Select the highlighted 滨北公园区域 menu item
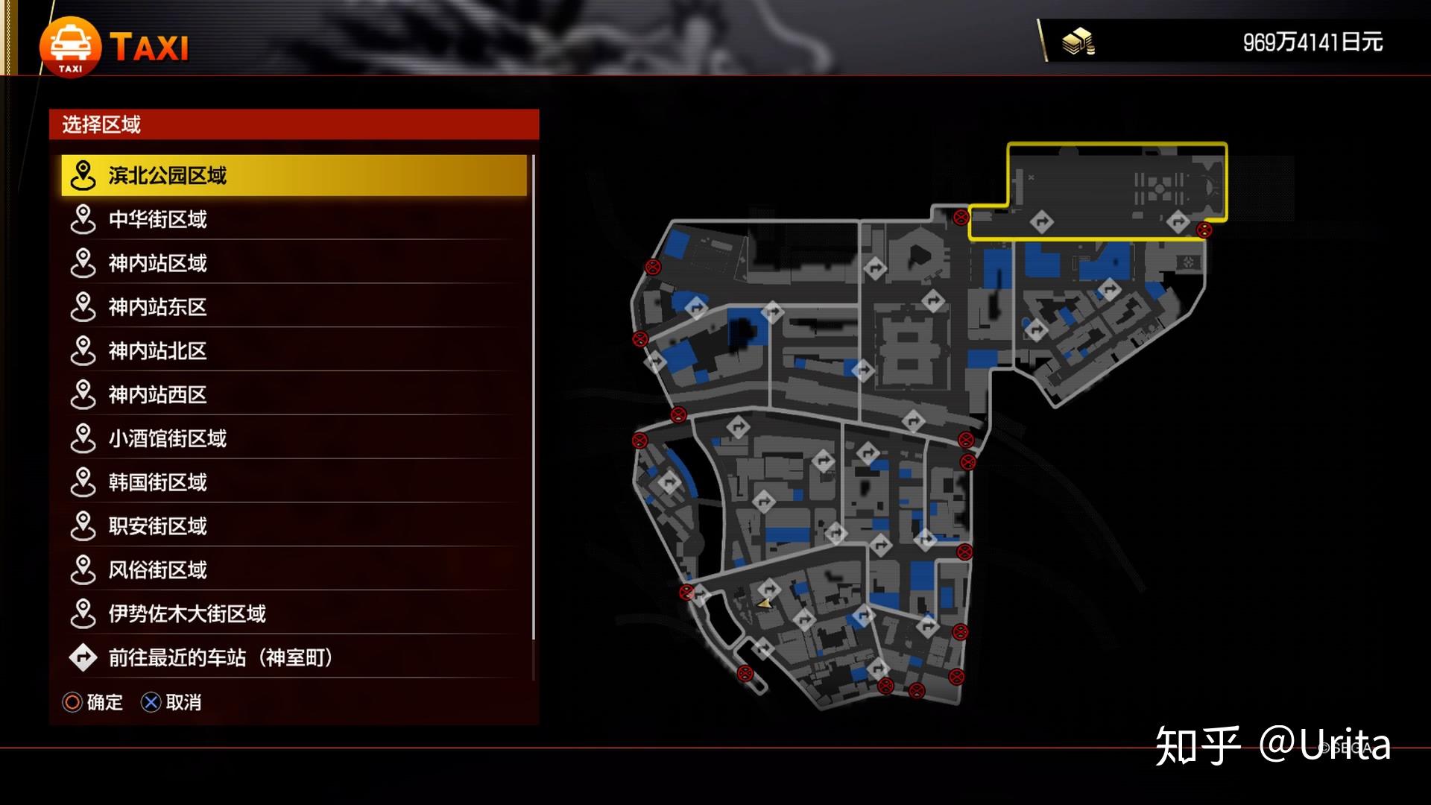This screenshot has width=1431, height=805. [294, 175]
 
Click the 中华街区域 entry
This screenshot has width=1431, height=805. [294, 219]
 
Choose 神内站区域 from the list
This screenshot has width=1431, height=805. [294, 263]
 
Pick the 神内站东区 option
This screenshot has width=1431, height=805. [294, 307]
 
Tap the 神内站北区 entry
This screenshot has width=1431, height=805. [294, 351]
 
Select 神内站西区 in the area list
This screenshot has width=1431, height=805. [294, 394]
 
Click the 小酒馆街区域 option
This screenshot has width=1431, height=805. [294, 438]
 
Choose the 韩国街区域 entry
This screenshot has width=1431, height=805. [294, 482]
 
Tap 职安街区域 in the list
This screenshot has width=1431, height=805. [294, 526]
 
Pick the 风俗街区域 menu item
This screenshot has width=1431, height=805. [294, 570]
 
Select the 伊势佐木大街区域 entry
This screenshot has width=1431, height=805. [294, 613]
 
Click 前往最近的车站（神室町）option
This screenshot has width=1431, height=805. [294, 657]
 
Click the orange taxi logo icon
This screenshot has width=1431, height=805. [70, 47]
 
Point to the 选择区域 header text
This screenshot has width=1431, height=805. [101, 124]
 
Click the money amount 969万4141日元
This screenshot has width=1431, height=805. [1312, 42]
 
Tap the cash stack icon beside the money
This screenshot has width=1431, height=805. [1078, 42]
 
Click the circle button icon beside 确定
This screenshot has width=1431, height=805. [72, 702]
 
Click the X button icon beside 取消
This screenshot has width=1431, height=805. [151, 702]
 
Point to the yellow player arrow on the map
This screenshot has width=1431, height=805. [764, 604]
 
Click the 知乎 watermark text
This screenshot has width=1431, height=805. [1198, 745]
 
